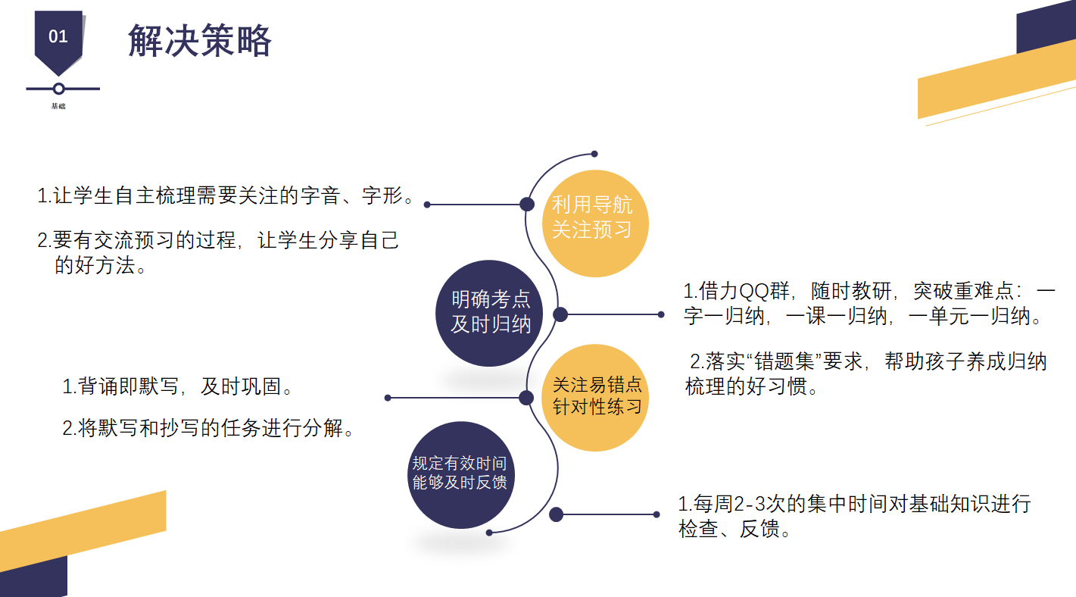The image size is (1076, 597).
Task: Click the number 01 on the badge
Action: pos(58,36)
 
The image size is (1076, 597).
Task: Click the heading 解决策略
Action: pos(200,41)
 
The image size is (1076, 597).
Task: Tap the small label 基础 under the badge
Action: pos(58,106)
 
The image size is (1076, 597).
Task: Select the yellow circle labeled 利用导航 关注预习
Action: pos(595,223)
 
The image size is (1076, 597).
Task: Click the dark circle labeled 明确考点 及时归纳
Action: pos(489,314)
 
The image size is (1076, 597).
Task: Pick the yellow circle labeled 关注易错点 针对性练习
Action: pos(595,398)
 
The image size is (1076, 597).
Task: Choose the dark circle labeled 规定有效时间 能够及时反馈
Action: pos(460,475)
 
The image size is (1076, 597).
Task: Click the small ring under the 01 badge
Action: pos(58,89)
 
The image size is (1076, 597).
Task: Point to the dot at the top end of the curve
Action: pos(594,154)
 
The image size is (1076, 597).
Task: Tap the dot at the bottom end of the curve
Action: pos(489,533)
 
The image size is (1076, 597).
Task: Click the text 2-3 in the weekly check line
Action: pos(750,505)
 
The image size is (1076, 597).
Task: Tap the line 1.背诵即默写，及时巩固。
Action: pos(177,386)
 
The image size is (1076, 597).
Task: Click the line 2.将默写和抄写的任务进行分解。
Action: pos(208,428)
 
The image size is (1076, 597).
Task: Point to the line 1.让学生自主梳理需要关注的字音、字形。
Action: pos(226,195)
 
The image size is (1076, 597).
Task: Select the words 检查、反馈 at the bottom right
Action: pos(728,530)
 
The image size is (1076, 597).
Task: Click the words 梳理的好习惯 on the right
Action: pos(746,386)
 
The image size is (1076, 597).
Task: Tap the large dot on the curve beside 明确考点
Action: pos(560,315)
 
